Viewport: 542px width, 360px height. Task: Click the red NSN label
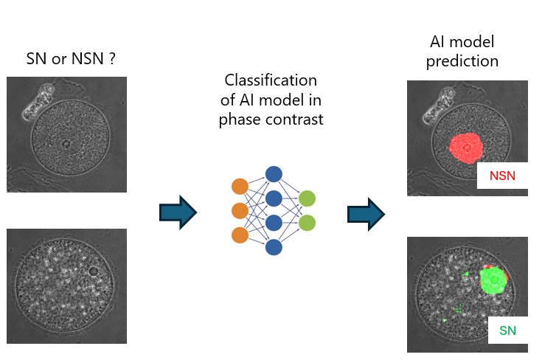(502, 176)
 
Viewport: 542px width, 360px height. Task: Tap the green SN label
(507, 330)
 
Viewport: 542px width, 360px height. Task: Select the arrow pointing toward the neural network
(178, 213)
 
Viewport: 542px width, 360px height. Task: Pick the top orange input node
(240, 187)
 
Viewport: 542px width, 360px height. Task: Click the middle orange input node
(240, 211)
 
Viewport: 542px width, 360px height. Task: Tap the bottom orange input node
(240, 235)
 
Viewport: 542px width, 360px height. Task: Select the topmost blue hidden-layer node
(274, 174)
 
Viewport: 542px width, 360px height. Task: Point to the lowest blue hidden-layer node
(274, 247)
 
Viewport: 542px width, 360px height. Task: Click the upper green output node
(308, 198)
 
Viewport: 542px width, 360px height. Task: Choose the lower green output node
(308, 222)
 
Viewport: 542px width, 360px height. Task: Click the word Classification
(271, 80)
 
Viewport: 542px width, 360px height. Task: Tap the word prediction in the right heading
(463, 61)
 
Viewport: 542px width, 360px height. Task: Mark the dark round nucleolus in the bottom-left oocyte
(92, 271)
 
